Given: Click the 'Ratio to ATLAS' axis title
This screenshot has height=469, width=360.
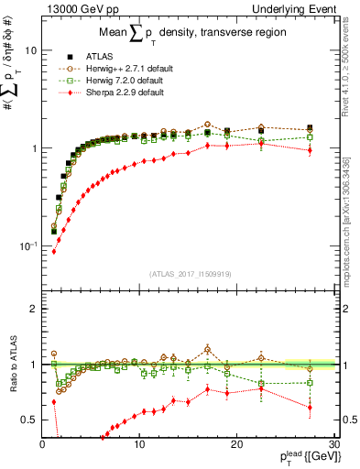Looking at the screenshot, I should coord(13,364).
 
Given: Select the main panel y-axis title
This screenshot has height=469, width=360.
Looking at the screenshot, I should coord(13,137).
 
